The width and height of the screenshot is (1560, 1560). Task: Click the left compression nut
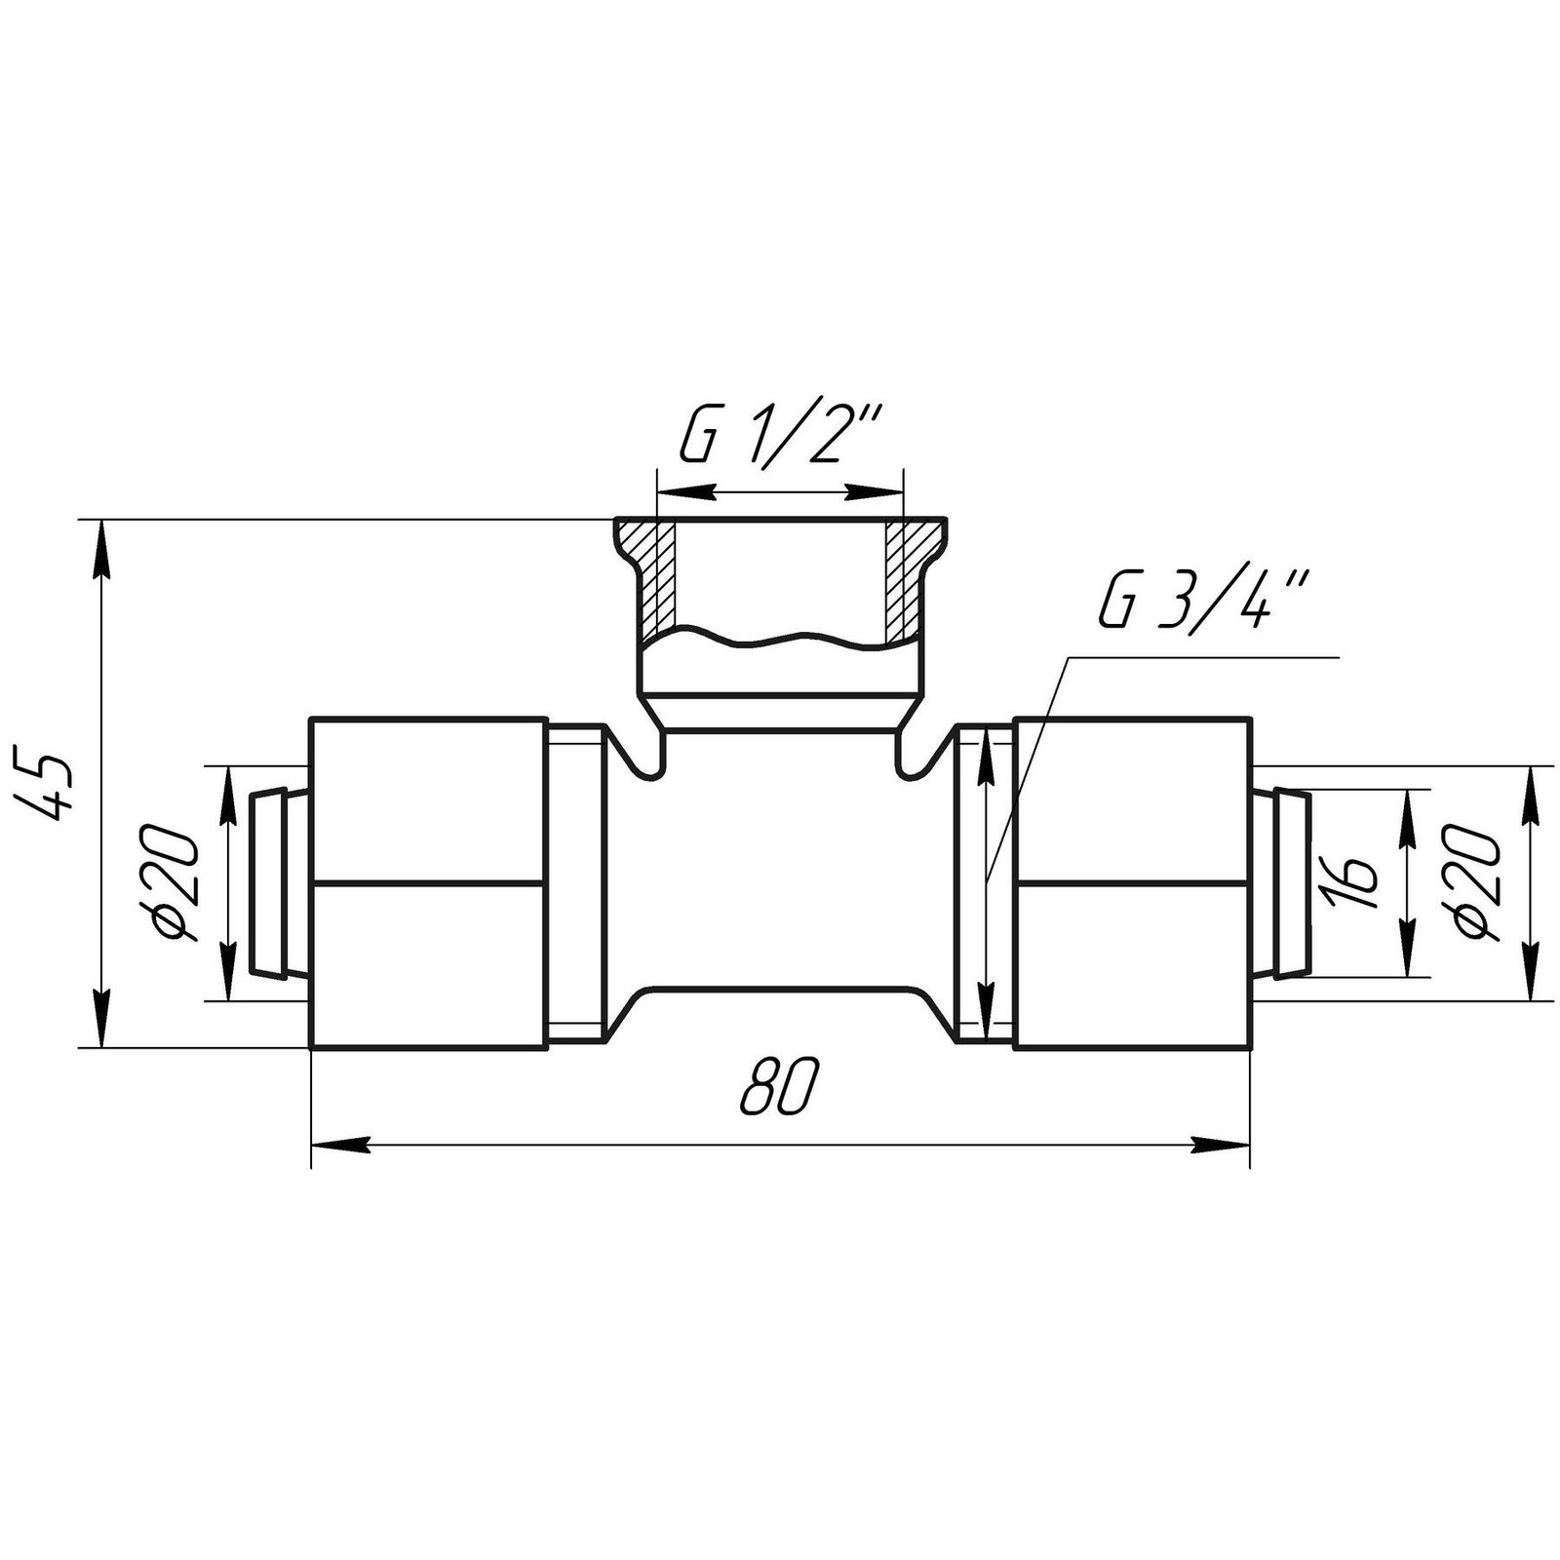[427, 883]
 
